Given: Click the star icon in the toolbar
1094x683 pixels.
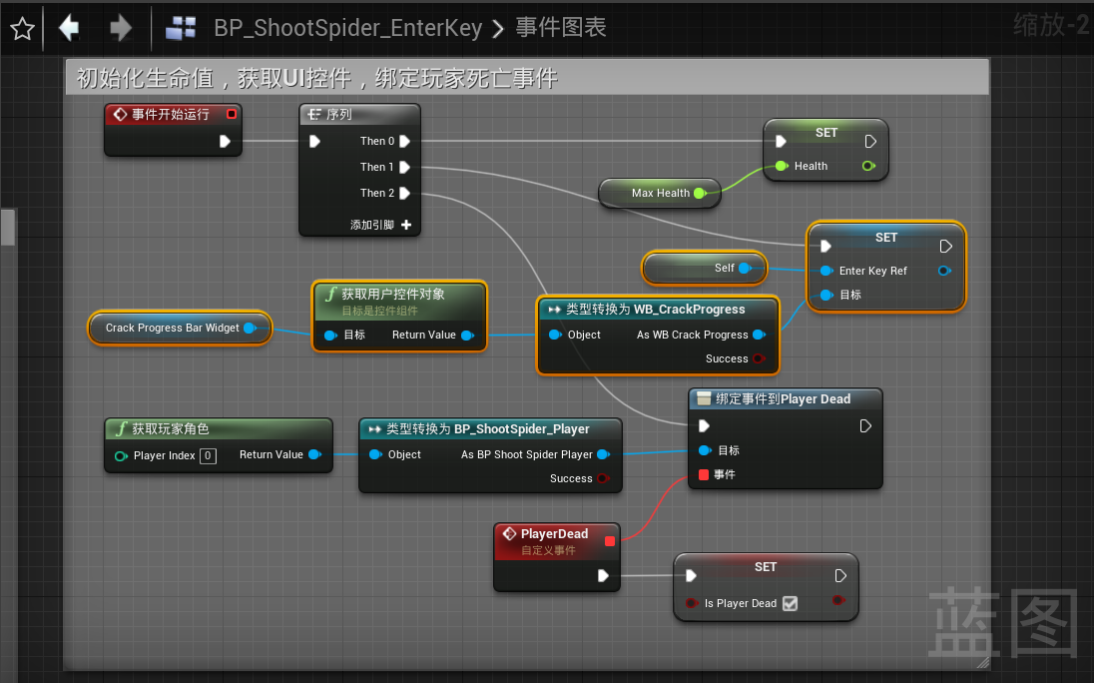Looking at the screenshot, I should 22,28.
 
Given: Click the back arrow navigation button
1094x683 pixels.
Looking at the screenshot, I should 69,28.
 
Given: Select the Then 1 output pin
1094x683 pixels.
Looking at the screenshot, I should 405,168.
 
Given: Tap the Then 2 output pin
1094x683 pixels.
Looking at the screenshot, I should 405,194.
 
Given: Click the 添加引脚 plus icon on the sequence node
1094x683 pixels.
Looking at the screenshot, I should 406,225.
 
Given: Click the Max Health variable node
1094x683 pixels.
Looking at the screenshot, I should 660,193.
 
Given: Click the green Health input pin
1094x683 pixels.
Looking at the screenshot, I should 782,167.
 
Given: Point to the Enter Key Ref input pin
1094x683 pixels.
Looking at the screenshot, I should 826,271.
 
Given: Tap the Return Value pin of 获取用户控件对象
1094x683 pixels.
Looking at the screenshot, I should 467,336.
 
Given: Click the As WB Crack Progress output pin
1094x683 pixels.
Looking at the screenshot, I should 759,336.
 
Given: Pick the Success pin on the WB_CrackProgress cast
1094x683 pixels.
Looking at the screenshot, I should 759,359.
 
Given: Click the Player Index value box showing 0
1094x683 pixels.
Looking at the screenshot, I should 208,455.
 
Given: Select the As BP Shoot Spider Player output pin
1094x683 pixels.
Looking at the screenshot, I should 603,455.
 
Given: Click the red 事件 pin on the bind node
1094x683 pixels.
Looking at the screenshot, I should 705,474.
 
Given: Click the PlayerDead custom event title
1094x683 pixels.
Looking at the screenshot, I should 554,534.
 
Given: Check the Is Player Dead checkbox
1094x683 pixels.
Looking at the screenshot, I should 791,603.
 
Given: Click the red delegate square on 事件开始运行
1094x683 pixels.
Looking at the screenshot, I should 232,115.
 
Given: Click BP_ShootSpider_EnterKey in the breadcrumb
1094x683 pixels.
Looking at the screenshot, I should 348,28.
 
